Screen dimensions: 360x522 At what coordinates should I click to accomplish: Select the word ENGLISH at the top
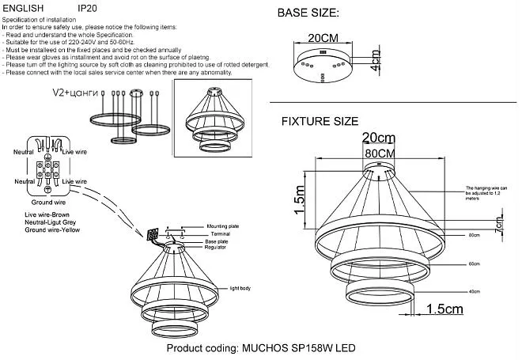click(27, 6)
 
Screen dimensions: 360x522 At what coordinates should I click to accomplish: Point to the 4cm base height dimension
click(375, 60)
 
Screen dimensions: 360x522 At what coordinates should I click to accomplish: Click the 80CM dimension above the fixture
click(380, 152)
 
